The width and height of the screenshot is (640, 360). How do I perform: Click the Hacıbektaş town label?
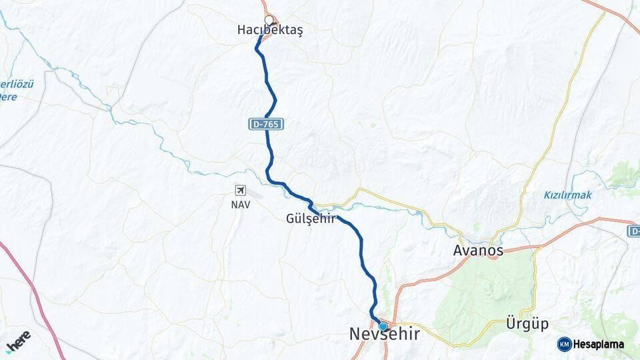tap(270, 31)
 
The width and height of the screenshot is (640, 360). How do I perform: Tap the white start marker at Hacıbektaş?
tap(269, 20)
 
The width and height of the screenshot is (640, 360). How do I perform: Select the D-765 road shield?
tap(267, 124)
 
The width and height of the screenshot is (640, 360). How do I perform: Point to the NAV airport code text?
tap(241, 205)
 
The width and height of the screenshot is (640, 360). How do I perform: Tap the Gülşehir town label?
tap(310, 219)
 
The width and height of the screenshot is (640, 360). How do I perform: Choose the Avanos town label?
tap(478, 251)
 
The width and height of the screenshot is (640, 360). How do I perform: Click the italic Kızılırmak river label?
tap(567, 195)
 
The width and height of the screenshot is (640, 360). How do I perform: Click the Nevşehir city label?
tap(385, 335)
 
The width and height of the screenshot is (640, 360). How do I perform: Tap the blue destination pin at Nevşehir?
tap(383, 325)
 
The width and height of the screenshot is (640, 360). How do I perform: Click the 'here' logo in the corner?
tap(18, 342)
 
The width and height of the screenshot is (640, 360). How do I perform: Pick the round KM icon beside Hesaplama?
tap(564, 344)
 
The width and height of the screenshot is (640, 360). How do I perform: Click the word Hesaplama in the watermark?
tap(598, 344)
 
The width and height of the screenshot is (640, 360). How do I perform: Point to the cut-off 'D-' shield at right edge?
tap(633, 231)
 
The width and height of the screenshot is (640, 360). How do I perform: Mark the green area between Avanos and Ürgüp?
tap(487, 293)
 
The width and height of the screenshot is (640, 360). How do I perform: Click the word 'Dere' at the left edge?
tap(8, 97)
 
